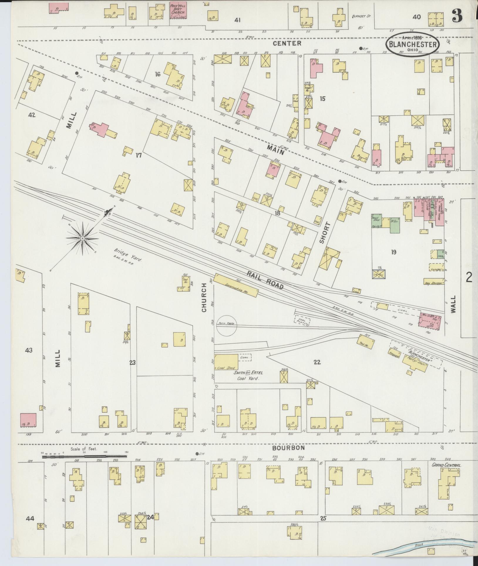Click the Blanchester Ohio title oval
[413, 44]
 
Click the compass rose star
[83, 238]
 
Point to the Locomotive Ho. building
[236, 285]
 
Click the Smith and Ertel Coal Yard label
[248, 376]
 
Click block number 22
[317, 362]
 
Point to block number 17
[138, 155]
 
